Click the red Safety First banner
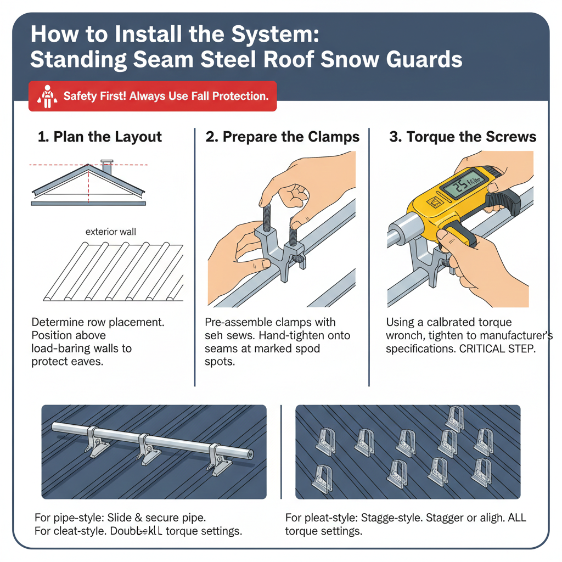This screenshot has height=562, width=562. pos(152,97)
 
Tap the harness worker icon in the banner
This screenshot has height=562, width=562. pos(47,97)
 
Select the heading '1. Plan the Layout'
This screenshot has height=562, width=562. pos(100,137)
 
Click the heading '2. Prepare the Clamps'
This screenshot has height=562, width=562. pos(283,137)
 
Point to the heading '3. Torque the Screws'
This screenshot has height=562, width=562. pos(463,137)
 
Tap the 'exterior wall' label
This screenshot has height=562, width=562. pos(110,232)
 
